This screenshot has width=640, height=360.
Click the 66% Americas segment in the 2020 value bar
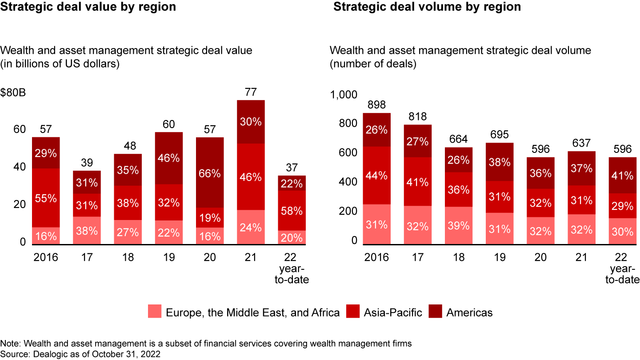(x=209, y=172)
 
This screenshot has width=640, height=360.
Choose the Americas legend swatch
(x=436, y=312)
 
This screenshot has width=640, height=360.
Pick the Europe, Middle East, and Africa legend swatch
(x=155, y=312)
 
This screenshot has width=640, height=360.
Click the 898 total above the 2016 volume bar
(x=377, y=105)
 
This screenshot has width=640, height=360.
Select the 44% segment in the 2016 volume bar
(x=377, y=176)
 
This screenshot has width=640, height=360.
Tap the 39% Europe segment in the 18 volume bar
(x=459, y=225)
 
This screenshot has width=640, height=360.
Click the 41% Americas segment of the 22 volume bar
(x=622, y=175)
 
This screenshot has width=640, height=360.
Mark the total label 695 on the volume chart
(x=500, y=135)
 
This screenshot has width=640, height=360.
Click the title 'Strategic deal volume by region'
(x=427, y=7)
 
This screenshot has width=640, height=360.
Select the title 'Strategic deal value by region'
(x=88, y=7)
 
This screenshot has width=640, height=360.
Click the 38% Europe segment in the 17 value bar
(x=87, y=230)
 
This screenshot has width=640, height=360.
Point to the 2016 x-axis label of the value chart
(x=46, y=258)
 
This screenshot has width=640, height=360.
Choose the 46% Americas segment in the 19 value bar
(x=168, y=158)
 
